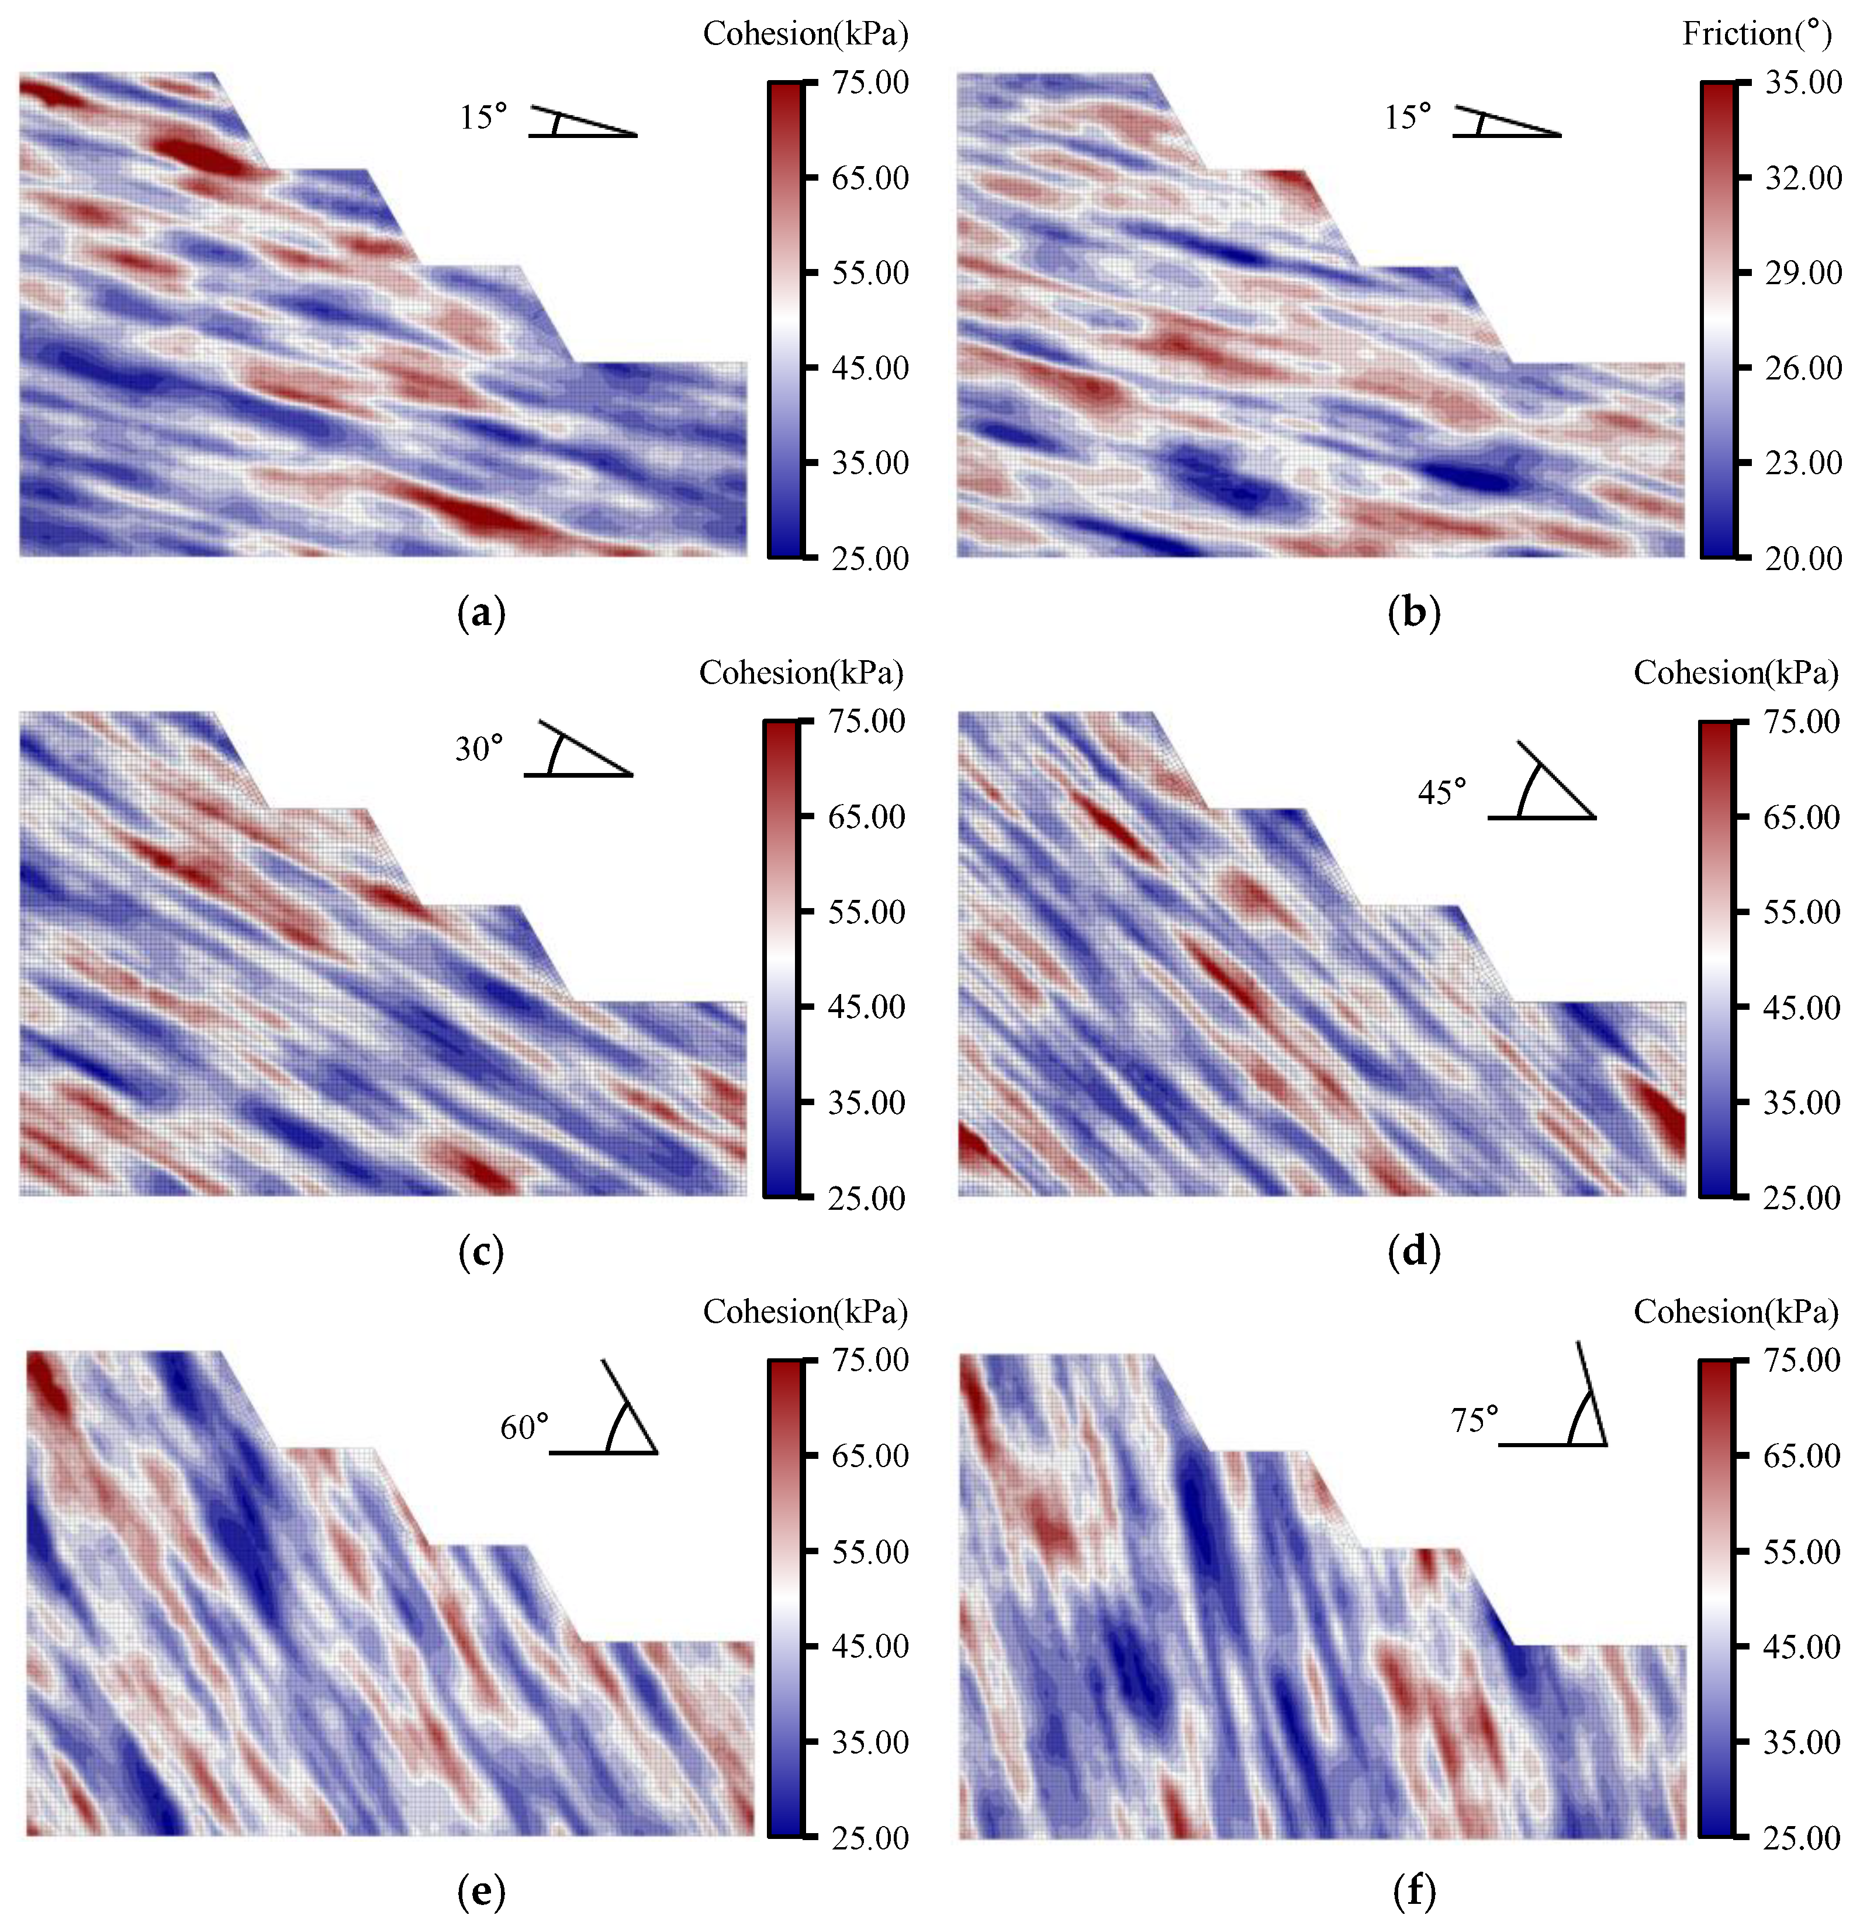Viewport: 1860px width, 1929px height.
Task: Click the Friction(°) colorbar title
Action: (x=1757, y=34)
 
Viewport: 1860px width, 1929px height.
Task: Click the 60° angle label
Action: (x=524, y=1427)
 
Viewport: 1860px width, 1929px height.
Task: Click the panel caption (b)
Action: (x=1413, y=613)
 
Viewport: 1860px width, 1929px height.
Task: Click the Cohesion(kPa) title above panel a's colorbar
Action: (x=805, y=34)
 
